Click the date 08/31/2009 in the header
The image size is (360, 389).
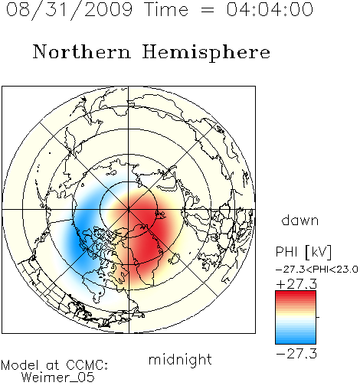click(x=70, y=10)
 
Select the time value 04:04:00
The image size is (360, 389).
click(x=270, y=9)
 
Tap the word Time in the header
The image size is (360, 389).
click(x=166, y=9)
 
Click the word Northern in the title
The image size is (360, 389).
click(x=82, y=52)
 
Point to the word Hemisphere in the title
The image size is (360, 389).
click(x=206, y=53)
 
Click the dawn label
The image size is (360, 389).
click(x=300, y=220)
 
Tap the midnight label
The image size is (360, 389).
click(x=180, y=360)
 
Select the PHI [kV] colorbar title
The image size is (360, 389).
click(x=303, y=252)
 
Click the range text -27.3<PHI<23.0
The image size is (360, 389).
click(x=317, y=270)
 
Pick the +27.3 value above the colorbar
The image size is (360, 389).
click(x=296, y=284)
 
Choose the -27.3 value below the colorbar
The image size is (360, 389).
click(x=296, y=354)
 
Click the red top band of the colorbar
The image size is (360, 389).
click(x=296, y=294)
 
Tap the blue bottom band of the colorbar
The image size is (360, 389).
click(x=296, y=341)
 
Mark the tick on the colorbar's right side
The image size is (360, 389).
click(x=318, y=317)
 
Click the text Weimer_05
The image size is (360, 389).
click(x=58, y=378)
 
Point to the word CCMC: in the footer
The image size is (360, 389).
click(x=87, y=365)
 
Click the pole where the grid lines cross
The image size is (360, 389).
click(x=129, y=210)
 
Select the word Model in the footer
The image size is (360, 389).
click(x=20, y=365)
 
